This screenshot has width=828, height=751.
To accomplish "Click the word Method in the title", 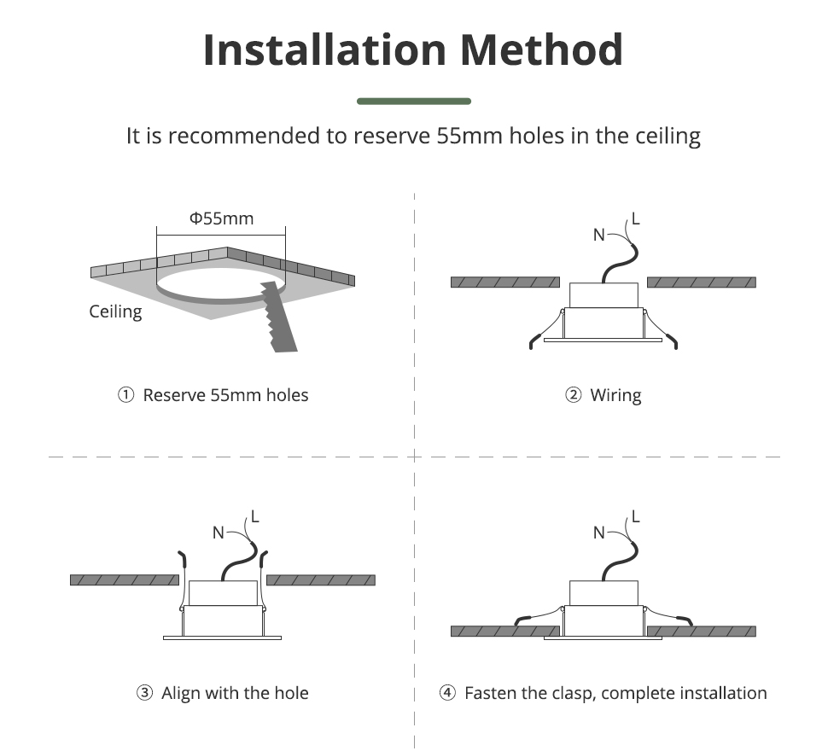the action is point(541,49).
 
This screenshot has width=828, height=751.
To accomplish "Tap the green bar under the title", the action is point(414,102).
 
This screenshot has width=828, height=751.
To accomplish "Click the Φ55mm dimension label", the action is point(221,218).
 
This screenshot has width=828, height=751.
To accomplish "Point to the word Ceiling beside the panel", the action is point(115,311).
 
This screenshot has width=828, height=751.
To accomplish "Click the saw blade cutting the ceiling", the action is point(279,317).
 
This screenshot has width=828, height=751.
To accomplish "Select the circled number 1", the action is point(125,395).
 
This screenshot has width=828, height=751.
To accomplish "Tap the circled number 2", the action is point(573,395).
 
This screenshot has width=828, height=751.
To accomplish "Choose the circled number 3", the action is point(144,692).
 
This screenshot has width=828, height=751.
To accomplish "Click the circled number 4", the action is point(447,692).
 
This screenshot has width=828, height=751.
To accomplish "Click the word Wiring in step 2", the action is point(615,395).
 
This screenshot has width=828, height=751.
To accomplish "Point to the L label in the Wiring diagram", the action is point(636,218).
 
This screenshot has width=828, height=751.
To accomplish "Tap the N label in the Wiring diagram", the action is point(599,235).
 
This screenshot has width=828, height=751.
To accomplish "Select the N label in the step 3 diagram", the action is point(218,533).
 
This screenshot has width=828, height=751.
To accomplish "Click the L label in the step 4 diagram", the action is point(636,516).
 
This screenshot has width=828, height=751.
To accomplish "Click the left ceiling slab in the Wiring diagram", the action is point(505,282).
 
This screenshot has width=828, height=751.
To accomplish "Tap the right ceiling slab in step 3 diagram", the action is point(321,580).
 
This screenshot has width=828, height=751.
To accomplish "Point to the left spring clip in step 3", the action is point(182,580).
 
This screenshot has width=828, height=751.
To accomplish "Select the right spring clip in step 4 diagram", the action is point(668,617).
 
